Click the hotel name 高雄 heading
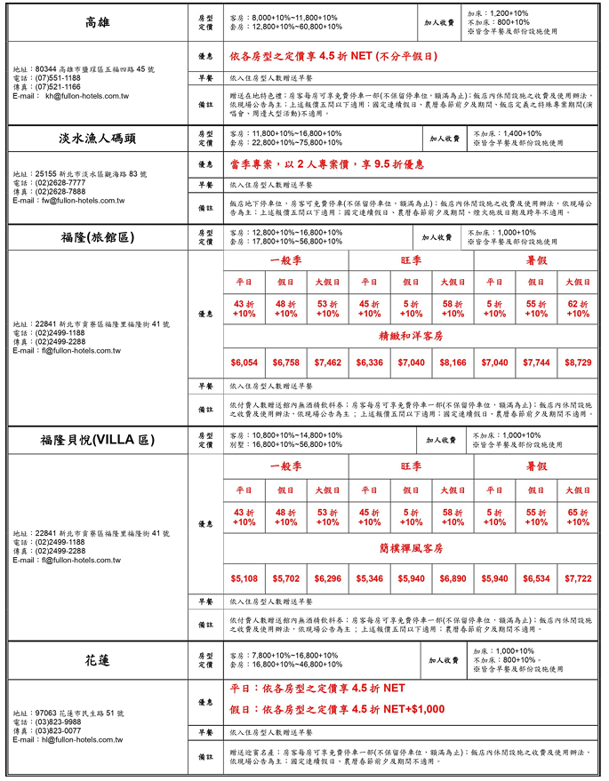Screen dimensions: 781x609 (98, 22)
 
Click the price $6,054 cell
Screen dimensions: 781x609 (244, 363)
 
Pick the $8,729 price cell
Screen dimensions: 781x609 (578, 363)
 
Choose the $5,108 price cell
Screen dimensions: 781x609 (244, 578)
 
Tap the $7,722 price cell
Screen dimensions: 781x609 (578, 578)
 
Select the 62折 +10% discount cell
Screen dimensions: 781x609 (578, 308)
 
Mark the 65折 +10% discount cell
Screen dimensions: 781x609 (578, 517)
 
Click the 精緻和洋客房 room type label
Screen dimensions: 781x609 (411, 337)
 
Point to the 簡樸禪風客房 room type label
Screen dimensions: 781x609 (411, 548)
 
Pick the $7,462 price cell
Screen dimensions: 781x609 (327, 363)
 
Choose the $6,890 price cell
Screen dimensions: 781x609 (453, 578)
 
